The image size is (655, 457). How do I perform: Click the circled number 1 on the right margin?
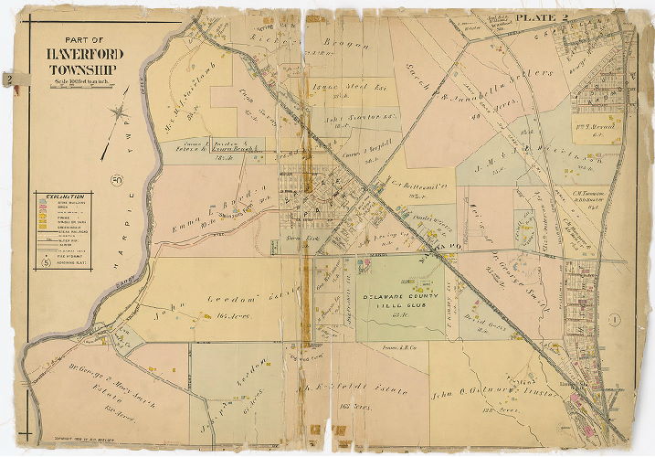point(616,319)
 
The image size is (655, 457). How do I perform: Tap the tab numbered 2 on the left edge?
point(7,80)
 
